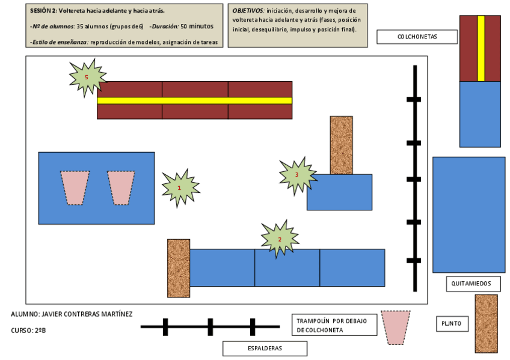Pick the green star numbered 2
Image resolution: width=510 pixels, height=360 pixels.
coord(280,239)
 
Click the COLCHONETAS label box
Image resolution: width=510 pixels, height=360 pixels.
coord(417,37)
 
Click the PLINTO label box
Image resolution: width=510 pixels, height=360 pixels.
coord(451,324)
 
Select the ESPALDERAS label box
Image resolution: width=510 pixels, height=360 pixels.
coord(265,348)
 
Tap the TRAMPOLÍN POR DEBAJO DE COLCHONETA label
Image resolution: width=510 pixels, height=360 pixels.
coord(333,325)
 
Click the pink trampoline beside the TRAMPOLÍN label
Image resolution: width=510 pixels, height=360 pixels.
coord(396,327)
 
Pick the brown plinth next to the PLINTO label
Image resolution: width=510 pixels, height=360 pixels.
coord(486,323)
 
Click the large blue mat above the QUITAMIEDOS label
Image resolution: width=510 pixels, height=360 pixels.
coord(469,215)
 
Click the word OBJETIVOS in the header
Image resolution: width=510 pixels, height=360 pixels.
coord(248,11)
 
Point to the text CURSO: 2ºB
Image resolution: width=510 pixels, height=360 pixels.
coord(28,330)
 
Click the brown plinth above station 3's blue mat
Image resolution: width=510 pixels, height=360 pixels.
coord(341,145)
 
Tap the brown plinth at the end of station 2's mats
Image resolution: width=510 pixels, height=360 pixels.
coord(179,268)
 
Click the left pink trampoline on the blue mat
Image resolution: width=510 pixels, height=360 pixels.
coord(75,188)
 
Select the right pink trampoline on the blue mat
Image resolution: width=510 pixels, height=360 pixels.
coord(121,188)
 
